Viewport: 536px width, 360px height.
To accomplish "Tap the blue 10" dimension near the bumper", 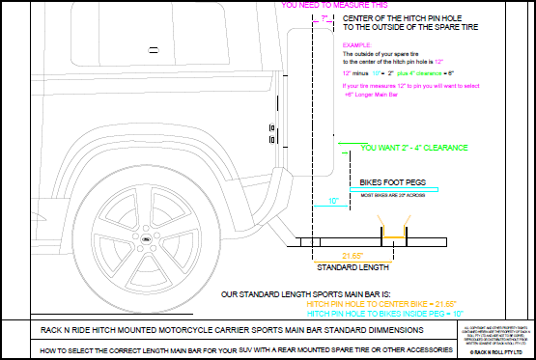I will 332,201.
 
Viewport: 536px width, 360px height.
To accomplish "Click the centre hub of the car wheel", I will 144,238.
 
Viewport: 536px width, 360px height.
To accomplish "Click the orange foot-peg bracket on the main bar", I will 393,236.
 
